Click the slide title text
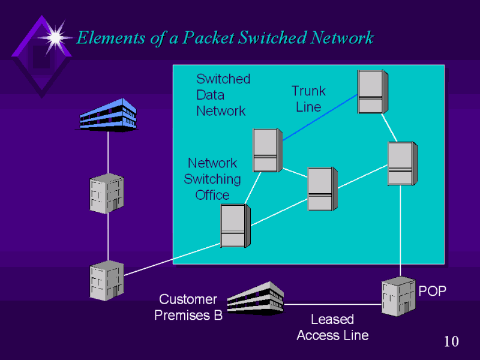pyautogui.click(x=225, y=38)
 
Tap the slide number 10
pyautogui.click(x=451, y=342)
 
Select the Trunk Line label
pyautogui.click(x=308, y=99)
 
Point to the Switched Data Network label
pyautogui.click(x=223, y=95)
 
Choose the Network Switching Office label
pyautogui.click(x=212, y=179)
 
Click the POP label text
pyautogui.click(x=432, y=291)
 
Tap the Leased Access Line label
pyautogui.click(x=332, y=327)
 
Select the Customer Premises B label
pyautogui.click(x=188, y=307)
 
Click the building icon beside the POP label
pyautogui.click(x=399, y=296)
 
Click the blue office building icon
pyautogui.click(x=108, y=115)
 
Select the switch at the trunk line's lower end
pyautogui.click(x=266, y=151)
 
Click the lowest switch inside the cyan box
pyautogui.click(x=235, y=226)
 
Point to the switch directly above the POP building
pyautogui.click(x=401, y=163)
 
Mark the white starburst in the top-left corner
pyautogui.click(x=55, y=37)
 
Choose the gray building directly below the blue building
pyautogui.click(x=106, y=193)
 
